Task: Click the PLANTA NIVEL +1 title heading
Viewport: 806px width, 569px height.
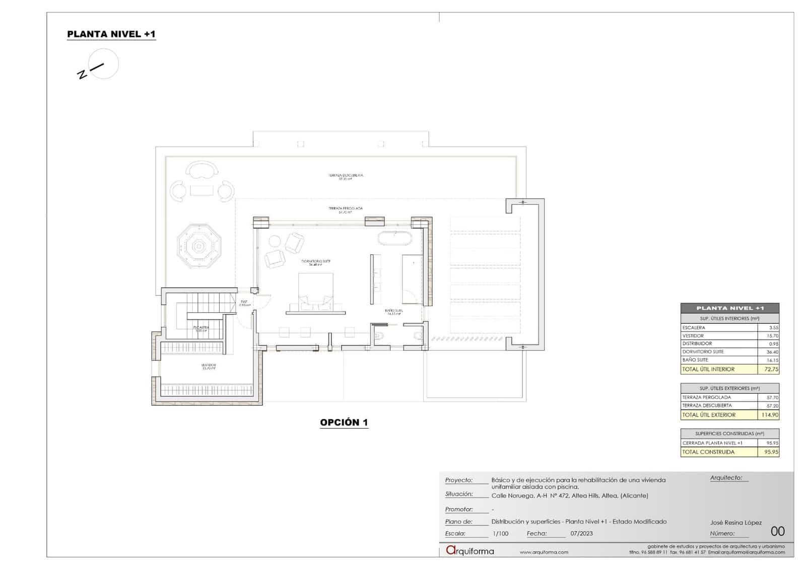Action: pos(111,34)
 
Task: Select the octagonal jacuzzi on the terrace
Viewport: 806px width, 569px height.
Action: pos(199,246)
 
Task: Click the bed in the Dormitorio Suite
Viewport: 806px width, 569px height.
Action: pos(316,290)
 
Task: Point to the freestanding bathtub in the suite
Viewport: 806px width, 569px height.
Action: pos(395,238)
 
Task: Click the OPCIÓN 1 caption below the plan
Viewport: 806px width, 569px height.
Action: pos(344,422)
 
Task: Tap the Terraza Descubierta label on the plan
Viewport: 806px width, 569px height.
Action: pos(346,177)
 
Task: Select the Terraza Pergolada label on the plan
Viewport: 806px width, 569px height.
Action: pos(346,209)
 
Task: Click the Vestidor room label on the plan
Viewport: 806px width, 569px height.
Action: pos(209,366)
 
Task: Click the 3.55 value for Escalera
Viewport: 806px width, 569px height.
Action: pos(773,328)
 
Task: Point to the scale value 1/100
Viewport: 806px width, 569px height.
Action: pos(500,534)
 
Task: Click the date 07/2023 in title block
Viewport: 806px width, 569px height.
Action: pos(581,534)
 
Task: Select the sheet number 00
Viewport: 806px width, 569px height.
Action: pos(777,531)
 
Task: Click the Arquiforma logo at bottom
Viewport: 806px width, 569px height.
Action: pos(469,551)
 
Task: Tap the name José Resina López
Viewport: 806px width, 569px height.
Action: pos(735,523)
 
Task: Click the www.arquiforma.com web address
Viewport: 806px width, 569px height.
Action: pos(544,552)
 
